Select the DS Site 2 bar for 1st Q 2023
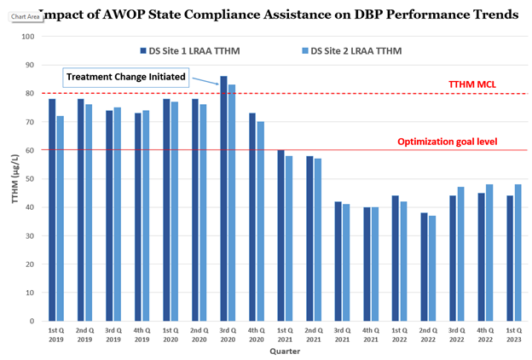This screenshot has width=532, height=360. click(x=518, y=253)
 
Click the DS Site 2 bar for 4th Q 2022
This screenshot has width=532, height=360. click(x=489, y=253)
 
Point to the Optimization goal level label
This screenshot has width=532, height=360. click(x=447, y=142)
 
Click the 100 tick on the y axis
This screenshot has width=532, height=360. click(x=27, y=37)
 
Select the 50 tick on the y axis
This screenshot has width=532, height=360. click(x=29, y=179)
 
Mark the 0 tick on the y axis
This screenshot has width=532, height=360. click(x=32, y=322)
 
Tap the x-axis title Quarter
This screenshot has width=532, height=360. click(x=284, y=351)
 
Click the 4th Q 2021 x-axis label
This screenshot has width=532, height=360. click(x=370, y=334)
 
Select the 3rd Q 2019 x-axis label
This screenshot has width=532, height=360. click(x=113, y=334)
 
